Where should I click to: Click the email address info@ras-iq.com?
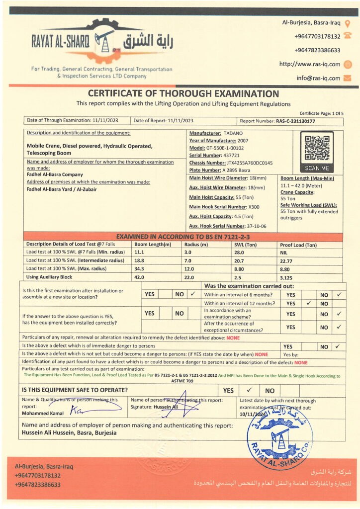click(318, 78)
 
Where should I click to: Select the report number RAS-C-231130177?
click(295, 121)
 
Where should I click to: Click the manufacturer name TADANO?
click(233, 133)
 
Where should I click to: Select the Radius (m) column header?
click(196, 244)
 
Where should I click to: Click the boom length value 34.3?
click(139, 268)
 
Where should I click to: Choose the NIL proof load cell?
click(284, 253)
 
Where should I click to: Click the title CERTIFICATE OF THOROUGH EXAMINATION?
click(183, 93)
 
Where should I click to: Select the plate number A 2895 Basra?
click(234, 170)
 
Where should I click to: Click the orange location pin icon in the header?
click(348, 23)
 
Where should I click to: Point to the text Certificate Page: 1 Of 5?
click(321, 113)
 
